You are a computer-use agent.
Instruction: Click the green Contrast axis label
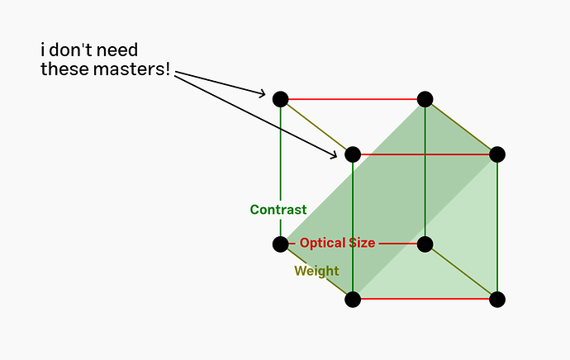pos(278,210)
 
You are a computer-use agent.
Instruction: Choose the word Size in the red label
pos(362,243)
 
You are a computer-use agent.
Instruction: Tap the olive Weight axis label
pos(316,271)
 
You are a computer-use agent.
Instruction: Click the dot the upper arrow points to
pos(280,99)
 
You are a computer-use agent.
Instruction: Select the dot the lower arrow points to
pos(353,154)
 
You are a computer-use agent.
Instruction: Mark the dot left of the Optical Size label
pos(280,244)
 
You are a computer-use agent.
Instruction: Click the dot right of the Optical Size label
pos(425,244)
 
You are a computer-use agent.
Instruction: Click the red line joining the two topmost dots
pos(353,99)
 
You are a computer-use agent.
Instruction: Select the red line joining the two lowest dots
pos(425,299)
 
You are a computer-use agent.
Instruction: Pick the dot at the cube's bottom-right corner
pos(497,299)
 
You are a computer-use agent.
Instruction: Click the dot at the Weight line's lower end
pos(353,299)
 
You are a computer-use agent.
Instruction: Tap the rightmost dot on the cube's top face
pos(497,154)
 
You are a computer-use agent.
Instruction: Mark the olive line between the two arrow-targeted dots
pos(316,126)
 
